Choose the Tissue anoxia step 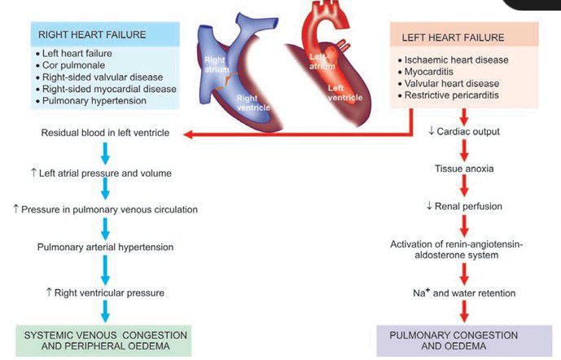[x=465, y=168]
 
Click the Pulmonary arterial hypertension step [x=104, y=247]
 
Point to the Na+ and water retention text [x=464, y=292]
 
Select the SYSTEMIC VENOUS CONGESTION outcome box [x=104, y=340]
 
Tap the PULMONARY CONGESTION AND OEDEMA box [x=465, y=340]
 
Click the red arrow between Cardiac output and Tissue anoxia [x=465, y=150]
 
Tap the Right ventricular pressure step [x=104, y=292]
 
